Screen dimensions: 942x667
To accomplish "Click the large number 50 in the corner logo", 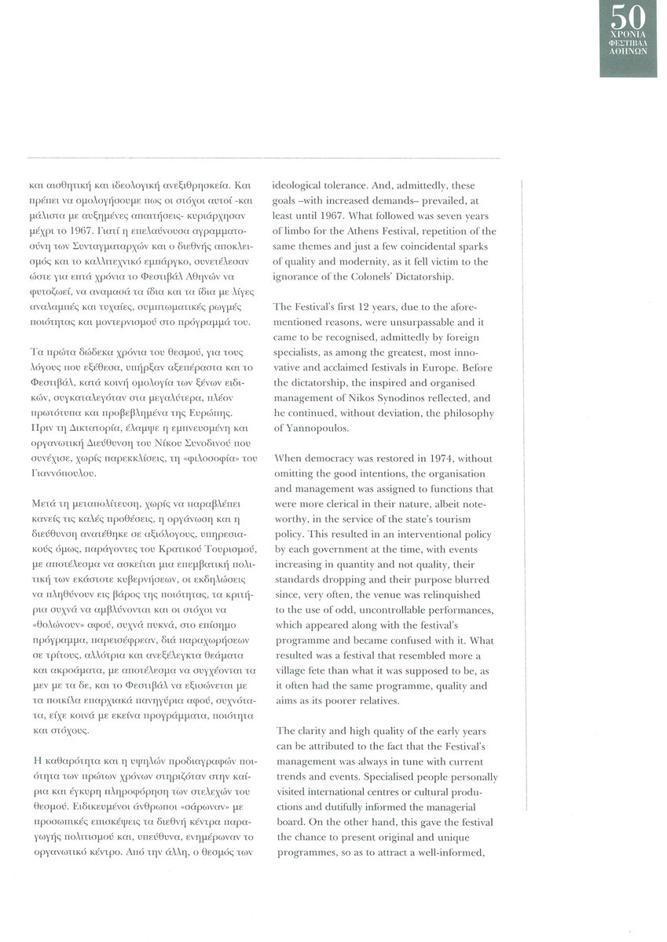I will (633, 18).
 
